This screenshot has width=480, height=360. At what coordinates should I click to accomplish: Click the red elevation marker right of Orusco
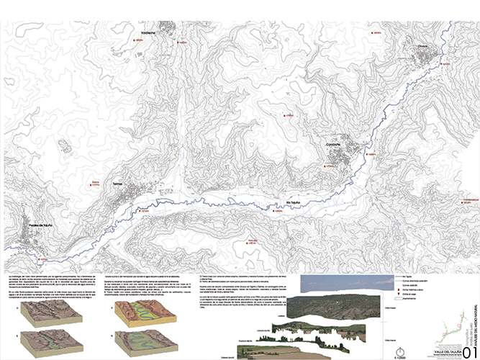click(x=445, y=63)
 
